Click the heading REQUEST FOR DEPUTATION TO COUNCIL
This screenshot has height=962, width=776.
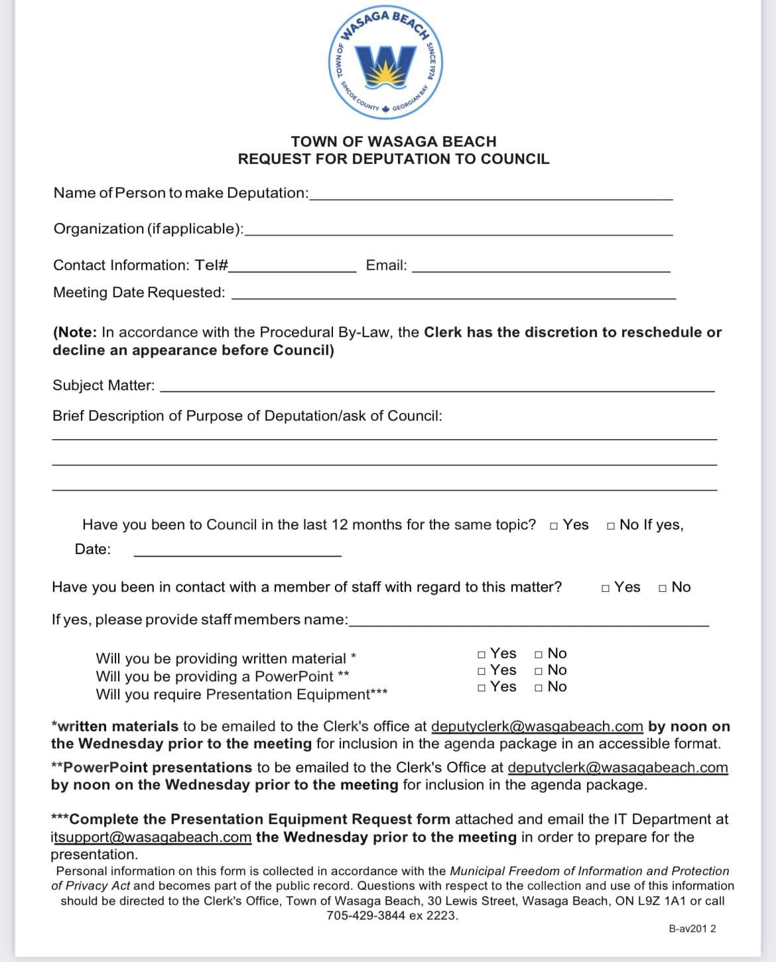[393, 159]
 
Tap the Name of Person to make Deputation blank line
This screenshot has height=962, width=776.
[491, 196]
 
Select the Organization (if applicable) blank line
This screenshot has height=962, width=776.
[458, 232]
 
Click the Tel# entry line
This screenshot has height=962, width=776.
[292, 269]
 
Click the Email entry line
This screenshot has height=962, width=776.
[541, 269]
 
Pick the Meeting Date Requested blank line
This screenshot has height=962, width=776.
[453, 297]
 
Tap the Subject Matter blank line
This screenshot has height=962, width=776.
[438, 389]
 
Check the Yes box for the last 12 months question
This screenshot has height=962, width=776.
[554, 526]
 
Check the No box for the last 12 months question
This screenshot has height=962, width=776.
[611, 526]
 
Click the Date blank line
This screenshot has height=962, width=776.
[237, 553]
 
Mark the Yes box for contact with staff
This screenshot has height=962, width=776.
[606, 588]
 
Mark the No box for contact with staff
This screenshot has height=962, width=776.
[663, 588]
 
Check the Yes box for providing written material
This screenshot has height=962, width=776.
[482, 655]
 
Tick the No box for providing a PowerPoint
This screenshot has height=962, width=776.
[539, 671]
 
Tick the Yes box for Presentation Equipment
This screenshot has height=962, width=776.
[482, 688]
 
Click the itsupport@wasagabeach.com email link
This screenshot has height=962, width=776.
[151, 837]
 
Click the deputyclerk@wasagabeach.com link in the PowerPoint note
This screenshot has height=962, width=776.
[617, 768]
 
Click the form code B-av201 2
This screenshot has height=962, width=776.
[692, 929]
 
